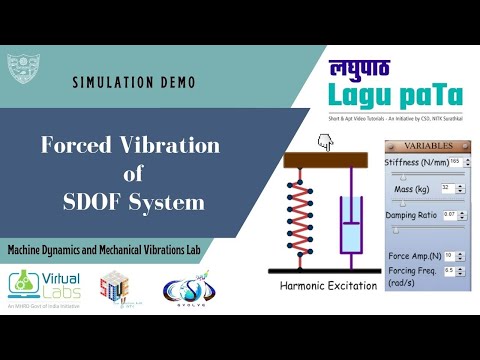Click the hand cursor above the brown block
324,143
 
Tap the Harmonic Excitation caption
329,285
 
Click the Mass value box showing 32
447,187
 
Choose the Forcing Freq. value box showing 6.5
449,270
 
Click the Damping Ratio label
413,215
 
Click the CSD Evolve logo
186,290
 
